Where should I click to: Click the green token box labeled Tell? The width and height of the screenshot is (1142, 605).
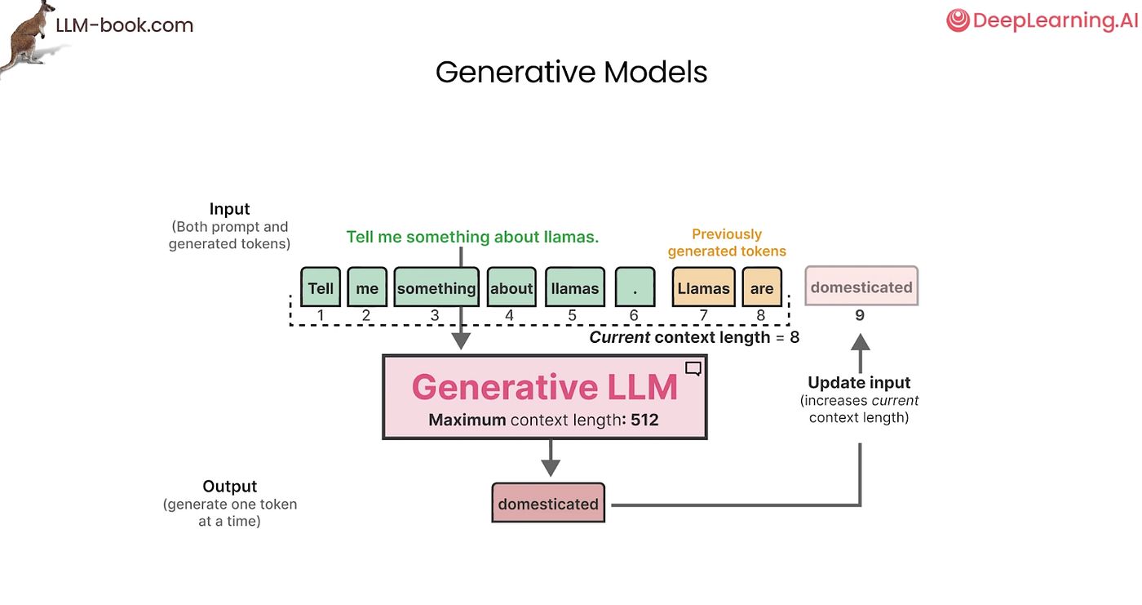click(x=321, y=287)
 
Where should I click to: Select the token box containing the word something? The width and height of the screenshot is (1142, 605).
click(x=436, y=287)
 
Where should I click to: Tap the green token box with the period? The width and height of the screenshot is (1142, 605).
click(x=635, y=287)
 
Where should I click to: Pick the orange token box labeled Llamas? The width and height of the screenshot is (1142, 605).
click(x=703, y=287)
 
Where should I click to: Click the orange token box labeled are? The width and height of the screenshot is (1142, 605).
click(x=762, y=287)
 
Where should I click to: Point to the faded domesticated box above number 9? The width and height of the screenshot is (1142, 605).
click(x=861, y=287)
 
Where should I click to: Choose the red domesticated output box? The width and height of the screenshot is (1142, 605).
click(x=548, y=503)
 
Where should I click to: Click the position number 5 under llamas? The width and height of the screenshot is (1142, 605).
click(x=572, y=315)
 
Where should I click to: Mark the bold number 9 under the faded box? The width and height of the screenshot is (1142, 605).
click(x=860, y=315)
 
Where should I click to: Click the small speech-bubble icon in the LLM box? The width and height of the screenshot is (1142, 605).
click(x=693, y=368)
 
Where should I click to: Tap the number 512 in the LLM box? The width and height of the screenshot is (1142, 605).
click(x=644, y=420)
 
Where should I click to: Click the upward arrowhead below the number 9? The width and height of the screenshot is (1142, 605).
click(x=861, y=343)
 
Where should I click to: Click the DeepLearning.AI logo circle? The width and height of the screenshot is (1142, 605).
click(x=958, y=21)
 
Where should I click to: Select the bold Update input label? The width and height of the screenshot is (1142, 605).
click(x=859, y=382)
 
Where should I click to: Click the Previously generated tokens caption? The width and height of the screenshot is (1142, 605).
click(x=727, y=242)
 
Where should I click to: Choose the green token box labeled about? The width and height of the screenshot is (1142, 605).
click(x=511, y=287)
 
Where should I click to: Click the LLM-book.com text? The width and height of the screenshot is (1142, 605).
click(x=124, y=25)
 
